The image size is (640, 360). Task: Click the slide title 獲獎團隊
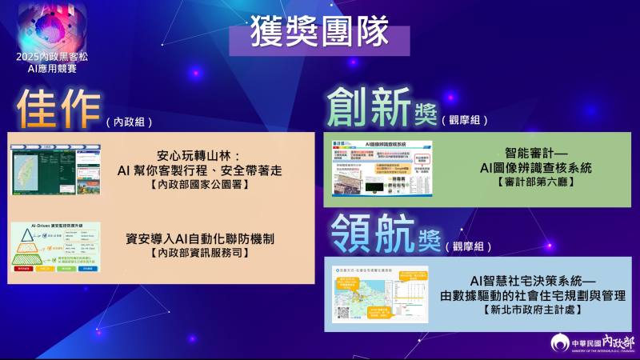pyautogui.click(x=319, y=33)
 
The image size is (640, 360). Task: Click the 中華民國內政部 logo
pyautogui.click(x=591, y=342)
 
